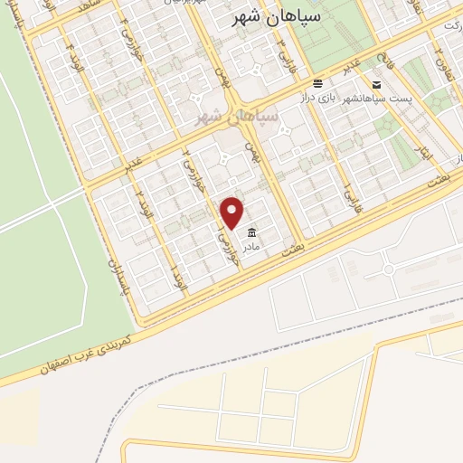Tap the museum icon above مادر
[250, 231]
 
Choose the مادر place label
[250, 245]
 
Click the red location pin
[233, 213]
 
